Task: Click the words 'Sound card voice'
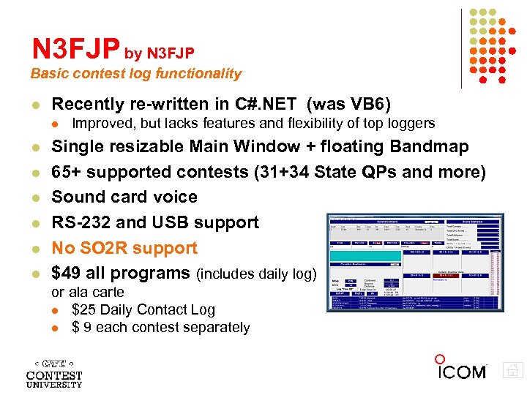coord(124,197)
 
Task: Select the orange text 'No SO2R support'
coord(124,249)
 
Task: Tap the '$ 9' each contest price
coord(82,327)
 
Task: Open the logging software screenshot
coord(416,263)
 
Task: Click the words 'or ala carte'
coord(87,293)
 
